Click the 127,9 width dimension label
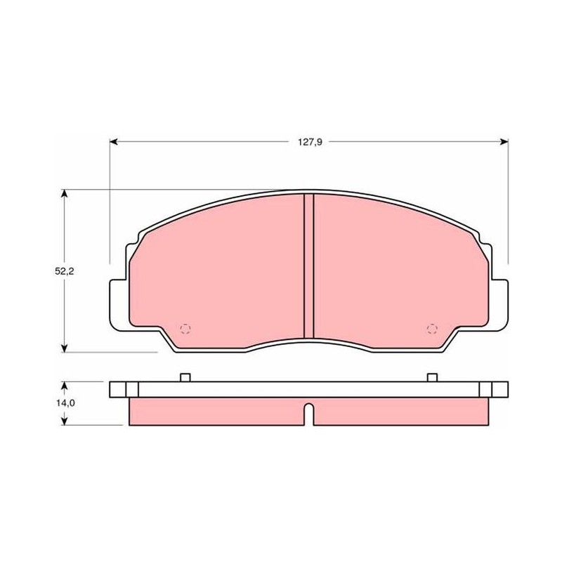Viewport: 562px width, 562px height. [x=310, y=143]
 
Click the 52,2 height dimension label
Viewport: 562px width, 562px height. [x=64, y=271]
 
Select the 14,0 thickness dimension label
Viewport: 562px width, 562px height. [x=65, y=403]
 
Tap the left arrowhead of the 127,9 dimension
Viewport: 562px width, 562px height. [x=114, y=142]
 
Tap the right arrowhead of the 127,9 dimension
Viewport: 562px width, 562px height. [x=504, y=142]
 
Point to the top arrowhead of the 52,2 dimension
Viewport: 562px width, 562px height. [x=64, y=194]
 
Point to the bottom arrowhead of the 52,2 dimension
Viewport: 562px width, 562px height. [x=64, y=348]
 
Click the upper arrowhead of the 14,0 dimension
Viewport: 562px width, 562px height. [x=64, y=386]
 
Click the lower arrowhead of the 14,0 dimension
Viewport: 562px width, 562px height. [x=64, y=421]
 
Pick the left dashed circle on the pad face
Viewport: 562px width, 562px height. [x=185, y=329]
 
